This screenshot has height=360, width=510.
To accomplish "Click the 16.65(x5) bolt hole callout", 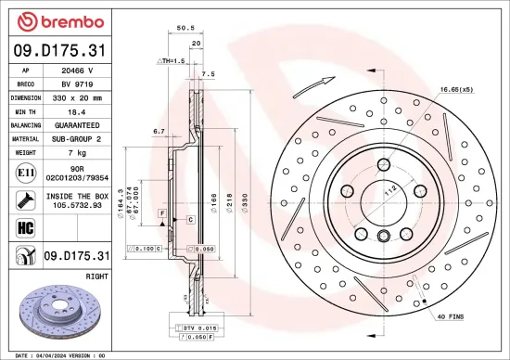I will [x=456, y=90].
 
